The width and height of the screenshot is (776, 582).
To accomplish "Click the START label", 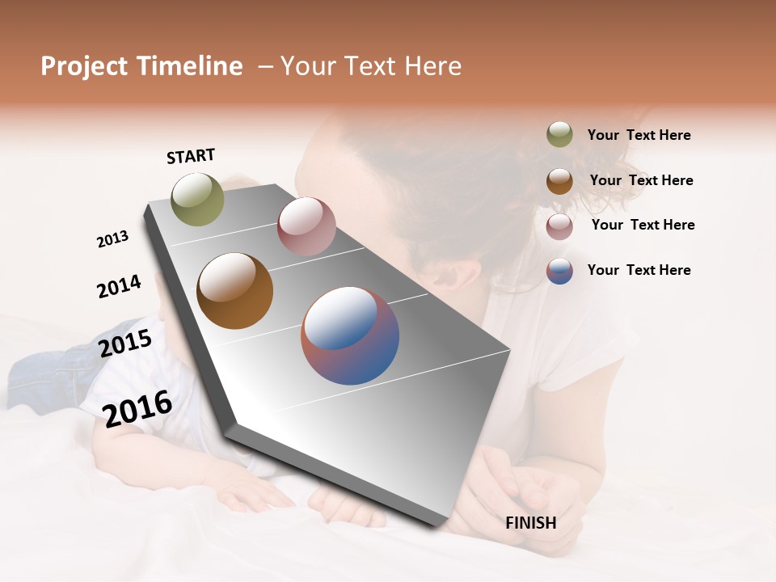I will (191, 156).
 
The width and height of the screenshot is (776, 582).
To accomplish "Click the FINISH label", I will (530, 523).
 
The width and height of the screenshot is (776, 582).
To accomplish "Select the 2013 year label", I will (112, 239).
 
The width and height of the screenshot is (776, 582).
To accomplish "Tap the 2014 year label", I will (119, 286).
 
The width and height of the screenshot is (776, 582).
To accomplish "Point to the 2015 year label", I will (125, 344).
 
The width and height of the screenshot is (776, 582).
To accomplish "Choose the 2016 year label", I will (137, 408).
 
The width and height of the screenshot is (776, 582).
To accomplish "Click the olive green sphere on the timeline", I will (197, 199).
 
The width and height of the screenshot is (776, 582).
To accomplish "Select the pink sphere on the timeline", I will (306, 226).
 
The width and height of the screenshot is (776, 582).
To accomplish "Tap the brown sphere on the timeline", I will (234, 291).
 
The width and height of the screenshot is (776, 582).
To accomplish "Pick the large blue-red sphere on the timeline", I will (350, 335).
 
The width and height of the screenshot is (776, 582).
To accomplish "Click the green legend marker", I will (559, 135).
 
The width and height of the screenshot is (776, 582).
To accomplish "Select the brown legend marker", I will (559, 181).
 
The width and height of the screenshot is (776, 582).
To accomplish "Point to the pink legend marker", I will (559, 226).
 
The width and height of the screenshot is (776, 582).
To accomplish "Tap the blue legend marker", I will (559, 271).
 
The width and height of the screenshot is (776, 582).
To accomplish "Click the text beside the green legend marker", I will (639, 135).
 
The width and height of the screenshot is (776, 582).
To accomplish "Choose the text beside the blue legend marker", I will (639, 270).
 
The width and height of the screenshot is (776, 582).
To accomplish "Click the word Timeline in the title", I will (189, 66).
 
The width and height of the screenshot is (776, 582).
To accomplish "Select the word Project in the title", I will (85, 66).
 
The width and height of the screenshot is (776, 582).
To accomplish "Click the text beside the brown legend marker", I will (641, 180).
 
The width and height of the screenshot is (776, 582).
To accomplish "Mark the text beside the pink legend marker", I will (643, 225).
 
